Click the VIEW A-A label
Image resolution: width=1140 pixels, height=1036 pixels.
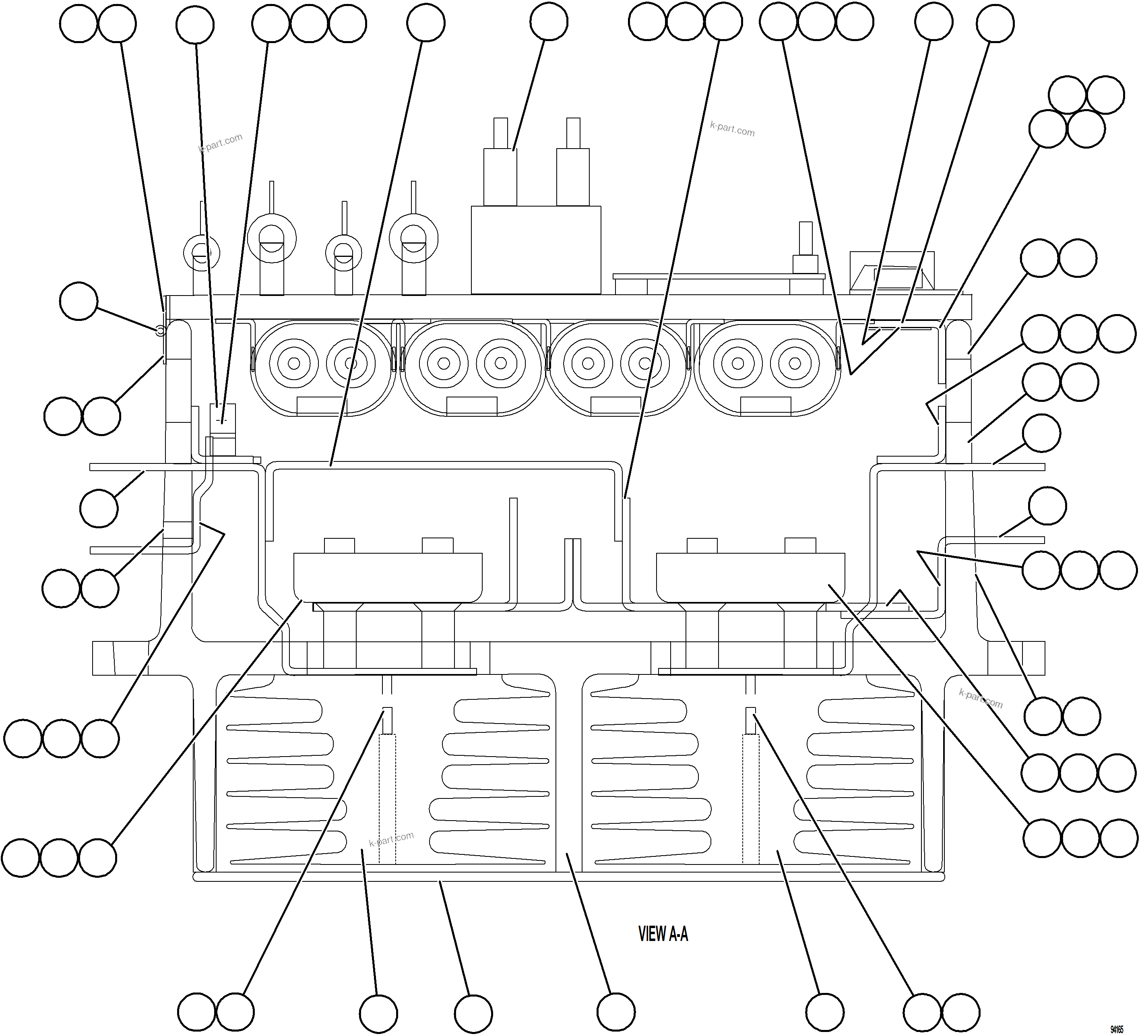coord(663,934)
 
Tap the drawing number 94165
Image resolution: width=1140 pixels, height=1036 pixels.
coord(1116,1029)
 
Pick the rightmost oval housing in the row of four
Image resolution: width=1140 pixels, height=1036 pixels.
coord(766,368)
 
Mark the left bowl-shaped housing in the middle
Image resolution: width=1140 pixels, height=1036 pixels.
coord(388,577)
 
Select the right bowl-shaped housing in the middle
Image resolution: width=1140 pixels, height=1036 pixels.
coord(750,577)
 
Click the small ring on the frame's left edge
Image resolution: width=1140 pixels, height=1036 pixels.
coord(160,330)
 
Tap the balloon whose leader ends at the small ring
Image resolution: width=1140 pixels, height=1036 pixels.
coord(78,302)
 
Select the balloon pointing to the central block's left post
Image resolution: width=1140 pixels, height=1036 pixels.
coord(549,21)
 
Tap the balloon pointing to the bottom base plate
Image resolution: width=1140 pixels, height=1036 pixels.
coord(473,1013)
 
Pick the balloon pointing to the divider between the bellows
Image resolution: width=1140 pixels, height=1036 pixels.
coord(616,1012)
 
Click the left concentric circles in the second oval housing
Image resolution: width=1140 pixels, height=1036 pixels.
coord(443,363)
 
